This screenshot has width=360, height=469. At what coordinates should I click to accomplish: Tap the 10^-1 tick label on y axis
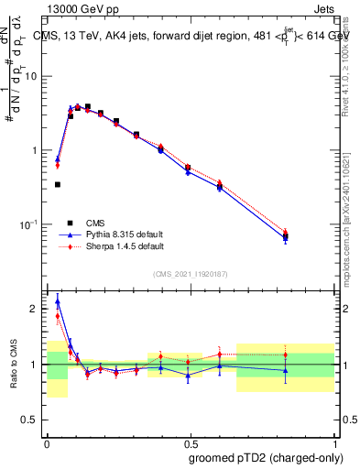click(31, 224)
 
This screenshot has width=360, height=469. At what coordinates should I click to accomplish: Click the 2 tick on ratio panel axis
click(38, 309)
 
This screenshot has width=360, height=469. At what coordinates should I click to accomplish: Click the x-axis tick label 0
click(47, 443)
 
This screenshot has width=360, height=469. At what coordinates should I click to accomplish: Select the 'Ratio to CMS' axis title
click(15, 365)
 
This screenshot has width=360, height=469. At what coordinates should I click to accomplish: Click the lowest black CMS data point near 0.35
click(57, 184)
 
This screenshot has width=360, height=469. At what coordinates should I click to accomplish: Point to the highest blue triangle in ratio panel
click(58, 300)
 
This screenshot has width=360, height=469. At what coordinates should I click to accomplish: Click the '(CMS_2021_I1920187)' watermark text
click(190, 273)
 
